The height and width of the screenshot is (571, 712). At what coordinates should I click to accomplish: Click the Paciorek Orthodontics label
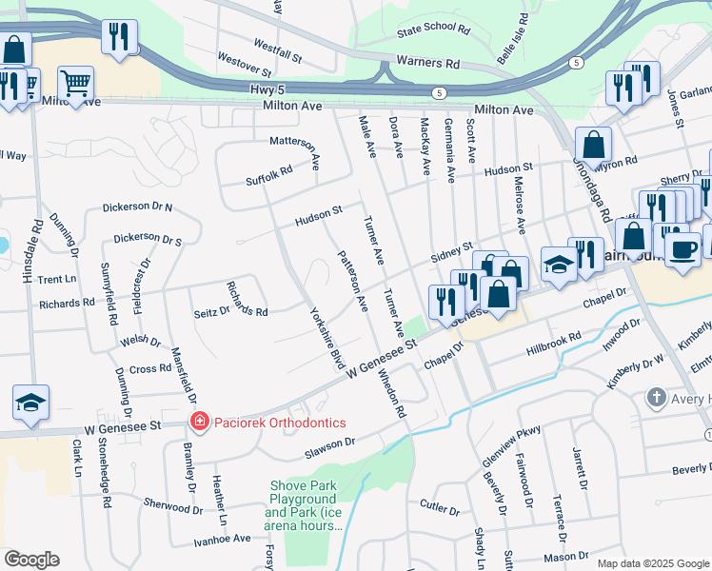coord(266,422)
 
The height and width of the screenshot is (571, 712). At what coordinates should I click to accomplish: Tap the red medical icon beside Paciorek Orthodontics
coord(199,421)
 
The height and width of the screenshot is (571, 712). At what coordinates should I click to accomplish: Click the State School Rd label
coord(434,30)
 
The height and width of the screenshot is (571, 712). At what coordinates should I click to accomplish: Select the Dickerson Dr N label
coord(137,207)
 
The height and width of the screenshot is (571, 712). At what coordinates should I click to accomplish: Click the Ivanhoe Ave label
coord(222,539)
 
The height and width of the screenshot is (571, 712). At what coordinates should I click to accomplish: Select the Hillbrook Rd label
coord(554,345)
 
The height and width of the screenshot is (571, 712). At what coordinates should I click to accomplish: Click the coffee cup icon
coord(684,249)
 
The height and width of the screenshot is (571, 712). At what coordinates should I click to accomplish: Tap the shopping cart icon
coord(75,83)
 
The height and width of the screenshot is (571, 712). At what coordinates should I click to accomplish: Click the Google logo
coord(31,560)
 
